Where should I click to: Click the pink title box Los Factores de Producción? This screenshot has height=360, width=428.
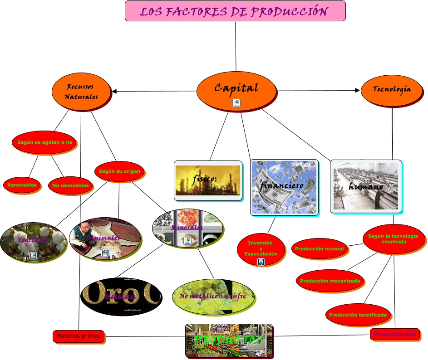(235, 11)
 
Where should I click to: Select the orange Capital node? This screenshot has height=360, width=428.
(236, 89)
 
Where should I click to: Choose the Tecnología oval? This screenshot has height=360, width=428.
(392, 89)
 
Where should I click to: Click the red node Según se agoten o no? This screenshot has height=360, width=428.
(44, 142)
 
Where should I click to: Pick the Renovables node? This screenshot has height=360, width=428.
(22, 185)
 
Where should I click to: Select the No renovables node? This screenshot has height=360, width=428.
(70, 185)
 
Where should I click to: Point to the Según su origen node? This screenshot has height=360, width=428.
(120, 171)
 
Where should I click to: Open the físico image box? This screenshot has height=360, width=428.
(208, 180)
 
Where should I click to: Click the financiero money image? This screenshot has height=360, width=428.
(284, 187)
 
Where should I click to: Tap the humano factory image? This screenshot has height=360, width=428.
(366, 186)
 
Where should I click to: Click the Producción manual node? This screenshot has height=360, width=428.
(319, 249)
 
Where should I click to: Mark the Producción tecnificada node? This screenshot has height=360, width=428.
(358, 315)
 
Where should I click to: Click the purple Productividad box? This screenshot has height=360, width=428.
(394, 334)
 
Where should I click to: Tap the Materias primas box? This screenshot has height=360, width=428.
(79, 336)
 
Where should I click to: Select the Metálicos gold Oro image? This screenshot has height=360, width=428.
(121, 297)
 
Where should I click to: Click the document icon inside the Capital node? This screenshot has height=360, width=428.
(236, 103)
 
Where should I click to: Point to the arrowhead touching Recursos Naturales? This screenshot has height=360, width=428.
(114, 91)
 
